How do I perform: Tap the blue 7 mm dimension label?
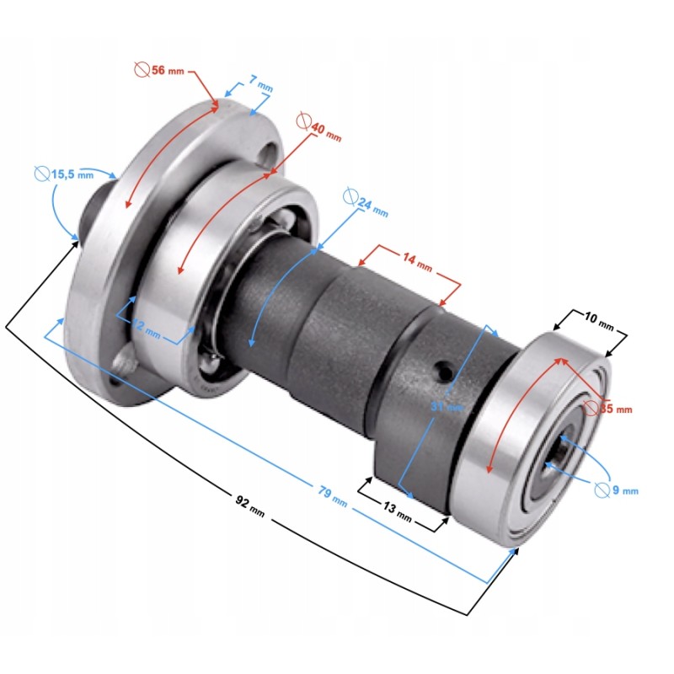coord(260,83)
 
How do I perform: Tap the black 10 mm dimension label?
coord(600,320)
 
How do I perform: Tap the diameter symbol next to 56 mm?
coord(142,69)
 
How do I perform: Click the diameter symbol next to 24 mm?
coord(351,198)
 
